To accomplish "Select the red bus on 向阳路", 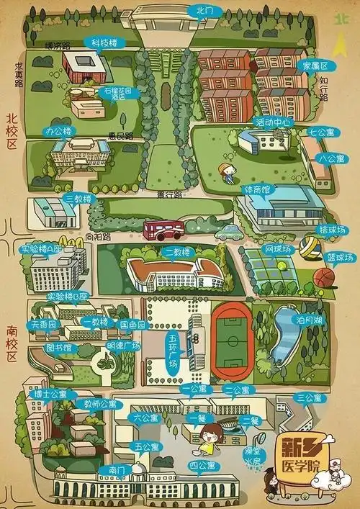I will click(164, 230).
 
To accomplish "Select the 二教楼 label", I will click(176, 252).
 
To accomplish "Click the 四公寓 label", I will click(204, 467).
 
